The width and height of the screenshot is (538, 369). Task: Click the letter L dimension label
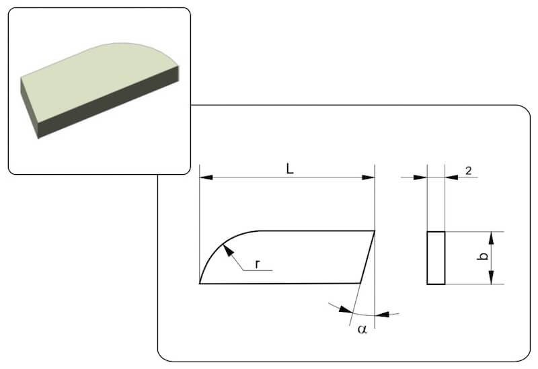290,169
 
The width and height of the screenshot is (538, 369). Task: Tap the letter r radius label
258,264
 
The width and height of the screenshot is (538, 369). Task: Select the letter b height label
483,256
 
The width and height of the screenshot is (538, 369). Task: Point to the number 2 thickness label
469,171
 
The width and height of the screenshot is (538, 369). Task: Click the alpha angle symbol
362,329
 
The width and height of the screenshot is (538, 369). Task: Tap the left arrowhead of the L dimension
206,177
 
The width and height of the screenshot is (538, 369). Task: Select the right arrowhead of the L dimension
369,177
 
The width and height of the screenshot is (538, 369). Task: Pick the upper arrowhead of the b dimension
492,238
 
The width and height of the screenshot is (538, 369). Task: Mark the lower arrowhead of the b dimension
492,278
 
